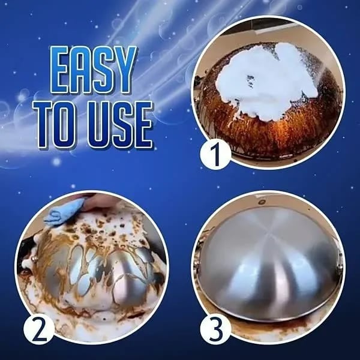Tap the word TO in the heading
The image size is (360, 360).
58,125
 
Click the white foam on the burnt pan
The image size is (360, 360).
264,78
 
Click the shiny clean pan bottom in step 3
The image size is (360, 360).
270,252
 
